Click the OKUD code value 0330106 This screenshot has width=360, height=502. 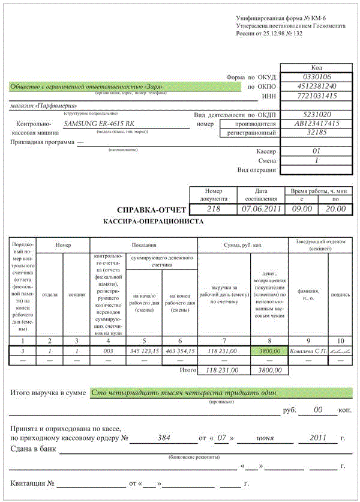[317, 77]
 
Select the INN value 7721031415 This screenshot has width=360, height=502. [317, 96]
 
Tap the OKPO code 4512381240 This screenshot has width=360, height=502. [317, 86]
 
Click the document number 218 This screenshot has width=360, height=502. [213, 209]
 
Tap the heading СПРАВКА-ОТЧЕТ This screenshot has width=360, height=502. [151, 210]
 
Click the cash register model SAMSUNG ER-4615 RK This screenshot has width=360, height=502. [99, 124]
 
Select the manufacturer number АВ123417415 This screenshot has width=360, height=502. [317, 123]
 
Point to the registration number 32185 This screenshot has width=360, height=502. [317, 132]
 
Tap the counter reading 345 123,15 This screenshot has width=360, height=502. [144, 351]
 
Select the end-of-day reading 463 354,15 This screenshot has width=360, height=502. [180, 351]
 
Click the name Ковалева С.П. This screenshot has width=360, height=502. [308, 351]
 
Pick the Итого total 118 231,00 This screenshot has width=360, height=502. [221, 370]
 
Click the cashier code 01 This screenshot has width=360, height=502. [317, 151]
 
